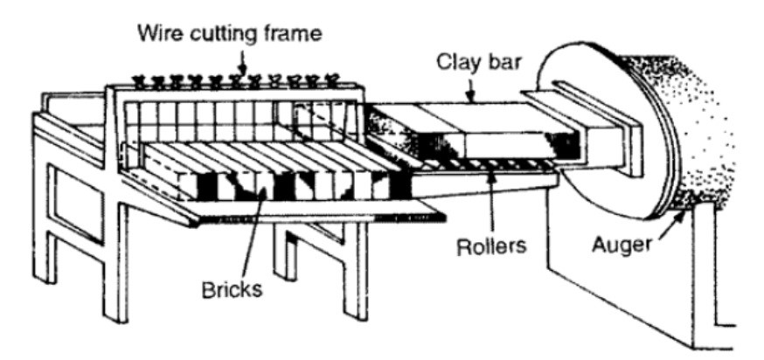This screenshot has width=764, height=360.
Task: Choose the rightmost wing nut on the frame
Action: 331,80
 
